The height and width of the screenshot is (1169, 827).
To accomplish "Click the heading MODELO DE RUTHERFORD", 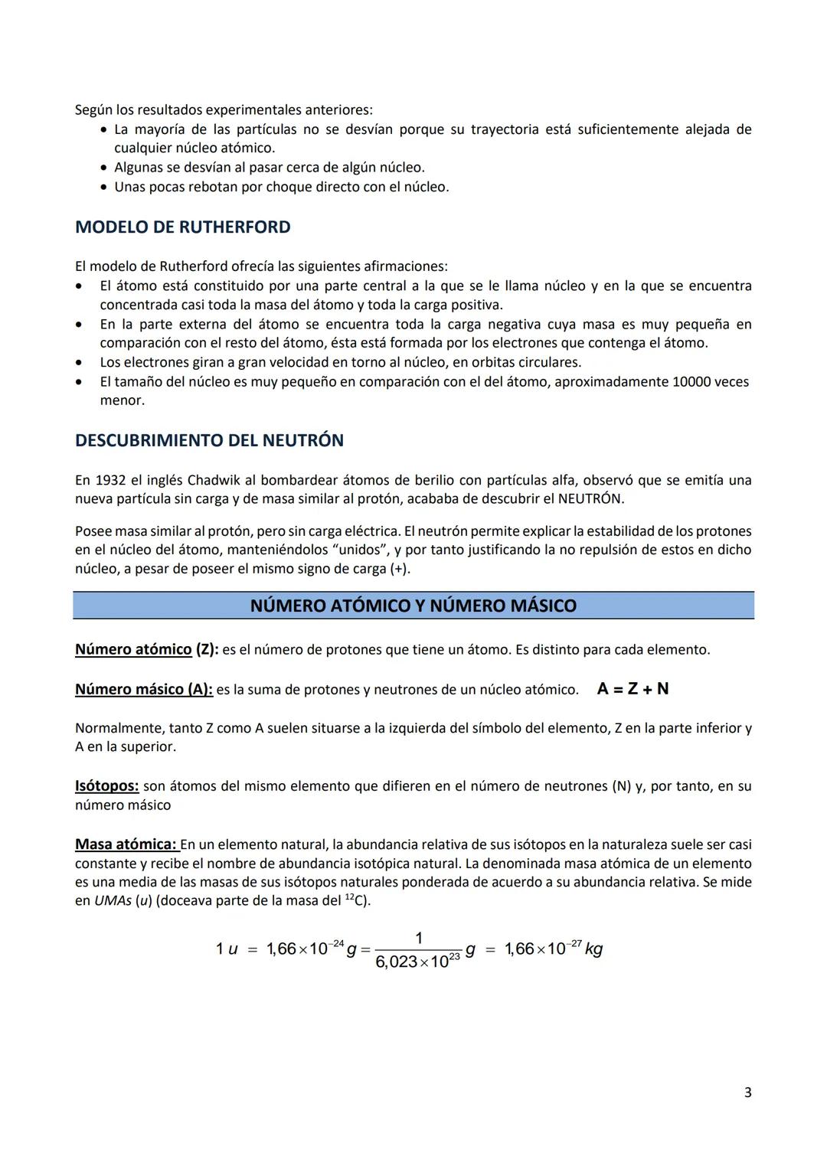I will [182, 227].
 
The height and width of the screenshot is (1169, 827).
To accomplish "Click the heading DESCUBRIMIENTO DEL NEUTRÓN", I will [209, 441].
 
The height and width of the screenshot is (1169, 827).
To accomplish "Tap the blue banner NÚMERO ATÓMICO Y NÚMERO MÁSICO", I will [413, 606].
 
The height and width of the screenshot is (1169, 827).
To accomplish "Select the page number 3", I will [747, 1092].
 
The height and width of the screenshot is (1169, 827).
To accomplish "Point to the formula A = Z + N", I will [633, 689].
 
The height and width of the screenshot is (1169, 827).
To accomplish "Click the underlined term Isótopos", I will [106, 786].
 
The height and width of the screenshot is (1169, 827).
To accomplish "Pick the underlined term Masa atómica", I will [126, 844].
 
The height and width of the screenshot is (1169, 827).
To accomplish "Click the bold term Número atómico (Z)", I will [146, 650].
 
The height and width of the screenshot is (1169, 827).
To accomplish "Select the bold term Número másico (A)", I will [143, 690].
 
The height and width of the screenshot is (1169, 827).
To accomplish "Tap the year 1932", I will [110, 481].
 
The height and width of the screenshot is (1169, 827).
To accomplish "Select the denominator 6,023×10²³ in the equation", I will [417, 962].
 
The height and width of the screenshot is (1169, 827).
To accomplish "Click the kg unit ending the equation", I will [593, 949].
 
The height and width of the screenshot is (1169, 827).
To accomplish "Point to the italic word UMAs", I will [113, 901].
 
